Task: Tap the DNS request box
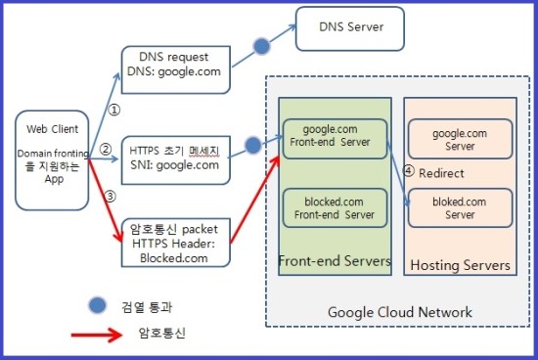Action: click(x=174, y=69)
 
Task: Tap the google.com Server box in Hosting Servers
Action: click(x=459, y=139)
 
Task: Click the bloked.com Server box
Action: click(x=459, y=208)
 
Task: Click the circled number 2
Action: click(x=106, y=150)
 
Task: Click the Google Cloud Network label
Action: click(x=400, y=312)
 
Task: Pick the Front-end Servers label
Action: click(x=334, y=261)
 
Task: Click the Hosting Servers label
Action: click(x=459, y=265)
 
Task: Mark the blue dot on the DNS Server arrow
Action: click(x=261, y=46)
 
